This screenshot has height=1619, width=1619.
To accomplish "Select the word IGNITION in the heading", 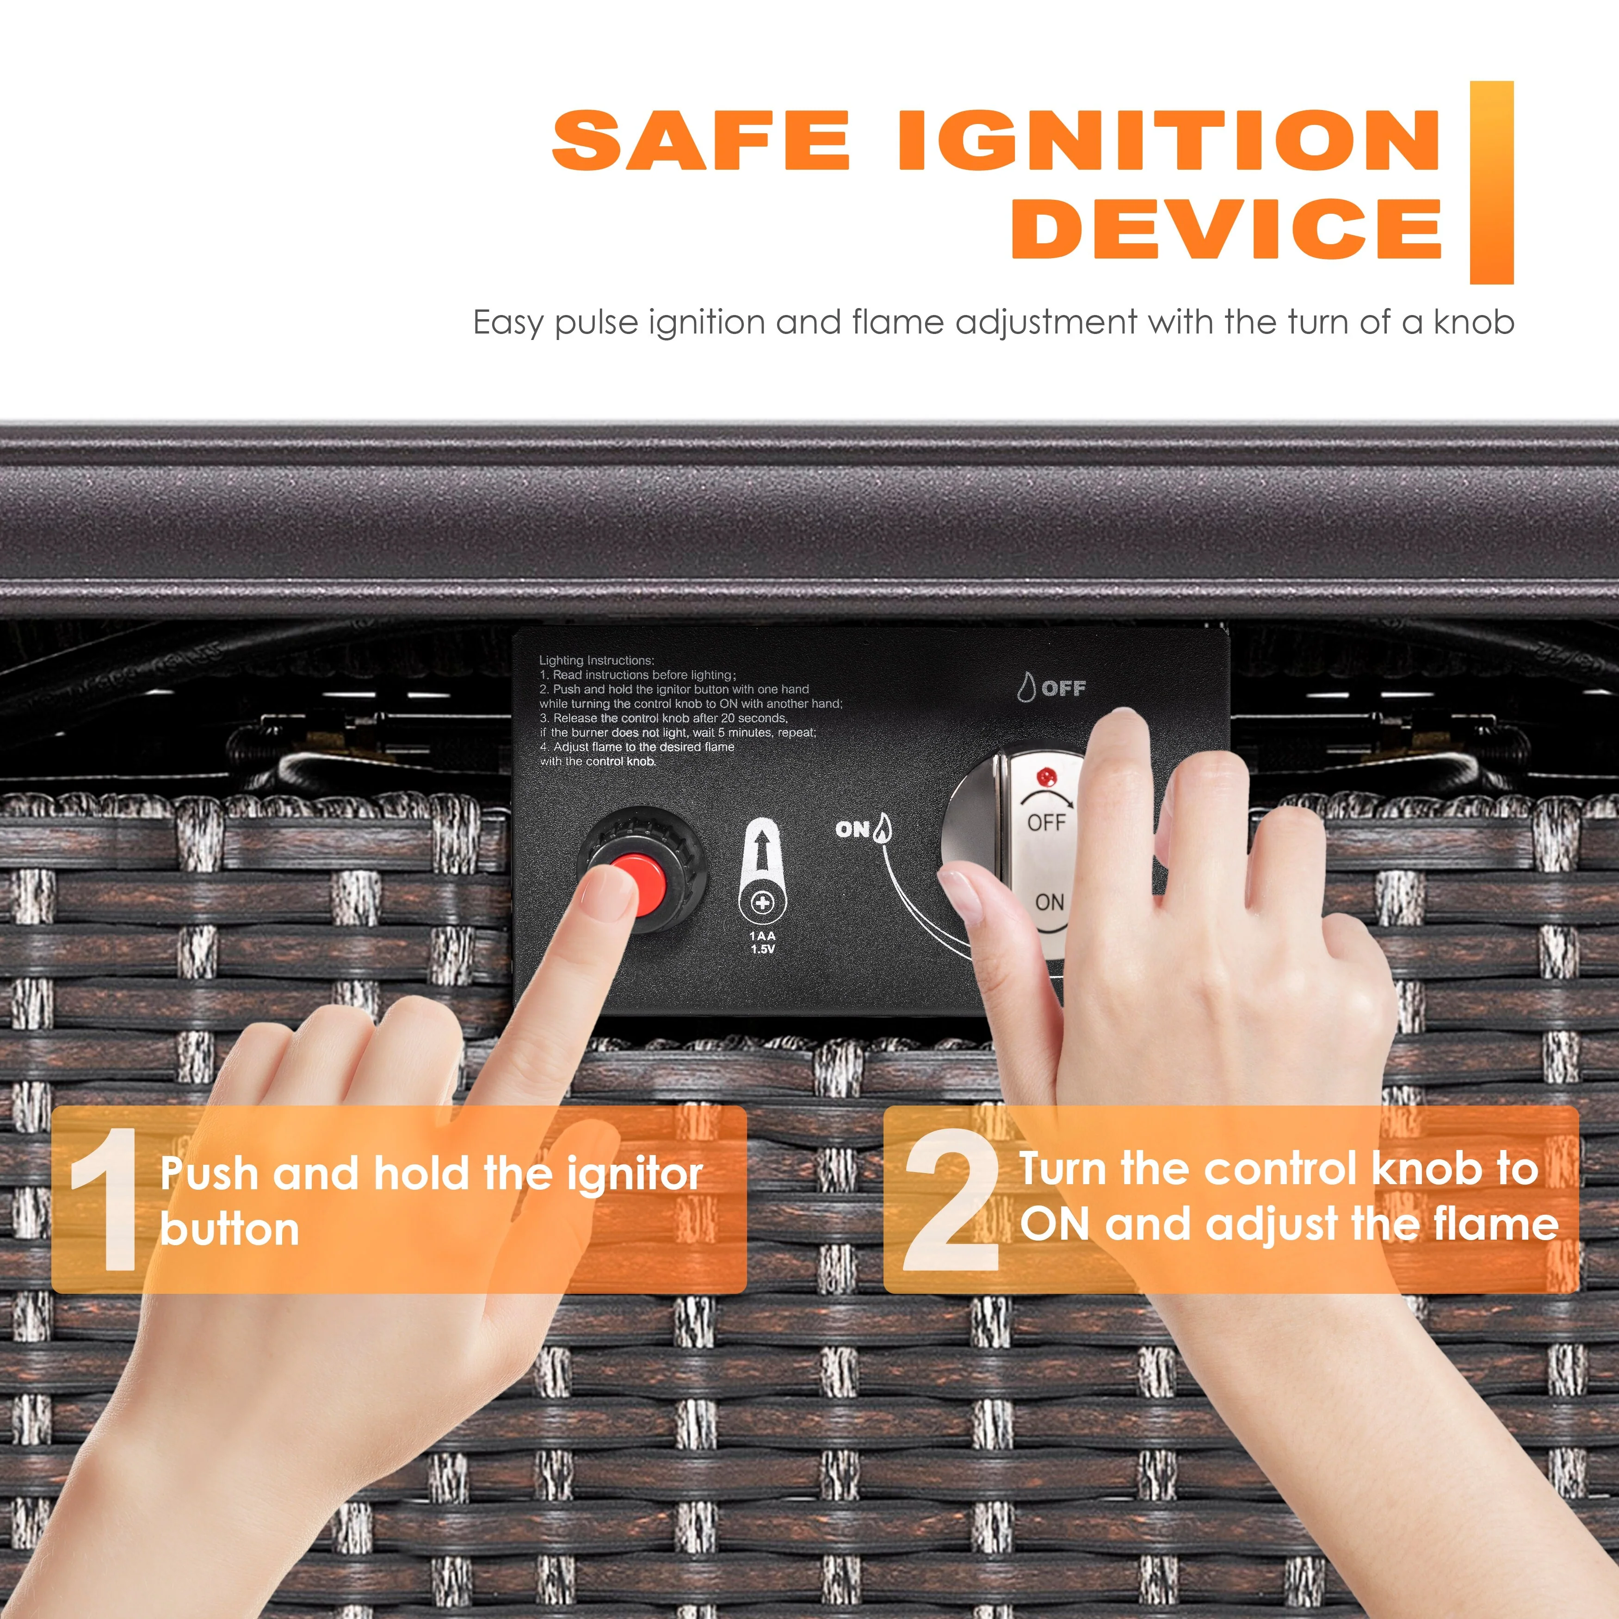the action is click(x=1169, y=140).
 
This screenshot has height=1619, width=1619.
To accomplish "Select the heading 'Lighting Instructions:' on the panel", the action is click(x=597, y=661).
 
